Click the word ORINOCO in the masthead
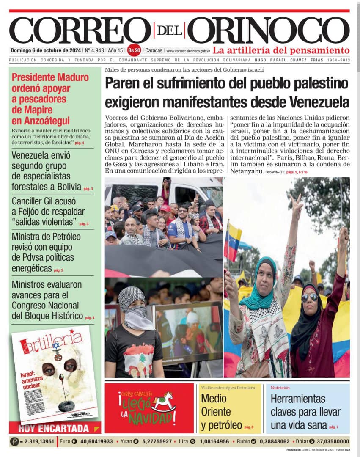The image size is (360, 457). [x=269, y=30]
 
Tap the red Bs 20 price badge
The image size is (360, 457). [x=134, y=50]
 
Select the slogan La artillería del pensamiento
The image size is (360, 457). [x=281, y=50]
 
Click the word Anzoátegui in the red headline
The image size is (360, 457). [x=41, y=121]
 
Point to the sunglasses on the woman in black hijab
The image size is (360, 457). [x=310, y=297]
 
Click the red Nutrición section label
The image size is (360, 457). [x=280, y=387]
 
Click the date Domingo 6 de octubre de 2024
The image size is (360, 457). [x=46, y=50]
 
